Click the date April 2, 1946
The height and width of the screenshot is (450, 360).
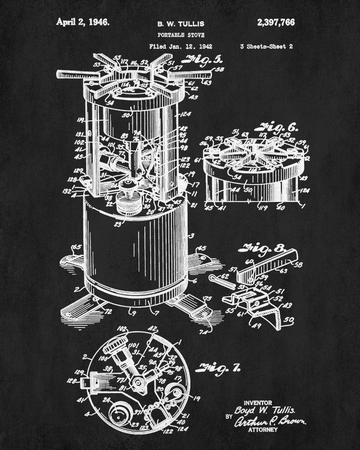[82, 22]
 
